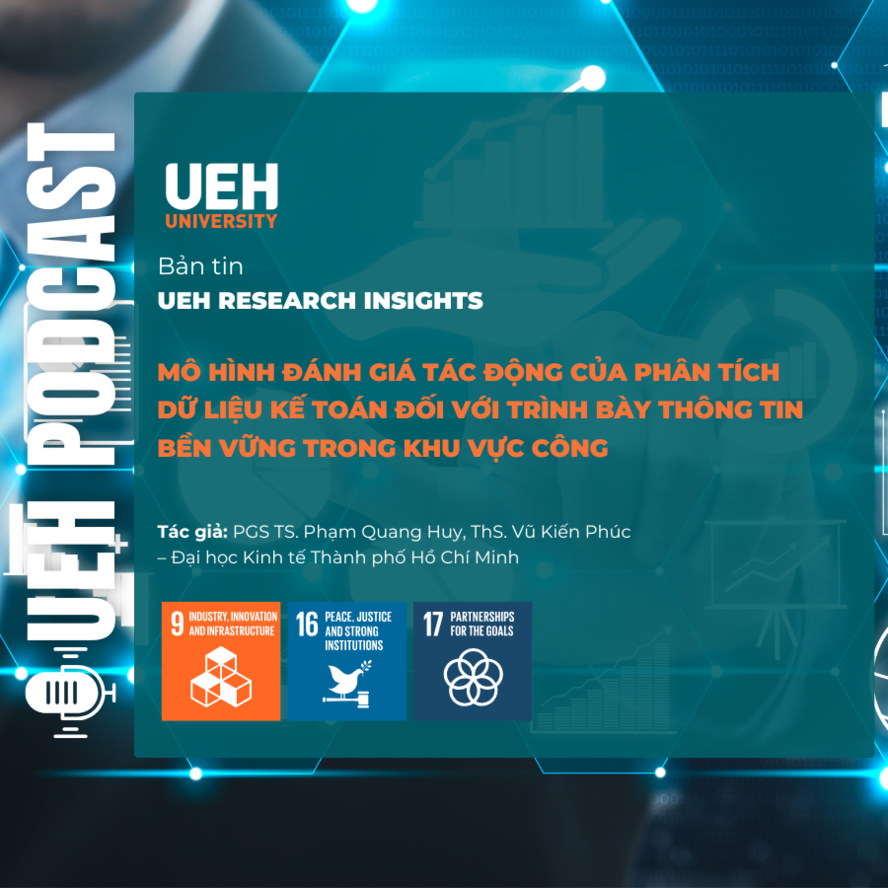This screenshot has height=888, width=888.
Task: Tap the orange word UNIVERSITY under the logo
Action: [x=221, y=221]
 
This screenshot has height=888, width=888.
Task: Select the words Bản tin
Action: [x=200, y=267]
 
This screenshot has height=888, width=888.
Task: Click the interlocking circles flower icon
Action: [x=473, y=677]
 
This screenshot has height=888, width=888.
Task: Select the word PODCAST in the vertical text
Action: [x=71, y=294]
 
